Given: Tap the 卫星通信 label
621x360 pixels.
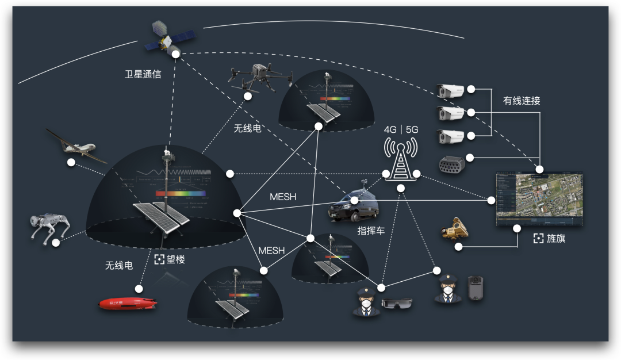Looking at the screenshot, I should tap(143, 74).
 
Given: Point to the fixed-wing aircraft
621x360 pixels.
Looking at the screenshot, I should tap(75, 145).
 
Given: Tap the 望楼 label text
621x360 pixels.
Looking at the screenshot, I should tap(176, 259).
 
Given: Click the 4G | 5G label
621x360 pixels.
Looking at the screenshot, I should tap(401, 129).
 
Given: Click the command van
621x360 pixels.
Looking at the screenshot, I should tap(352, 205).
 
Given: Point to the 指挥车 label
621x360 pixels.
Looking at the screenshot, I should tap(371, 231).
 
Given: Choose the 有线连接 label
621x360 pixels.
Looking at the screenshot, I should tap(522, 101).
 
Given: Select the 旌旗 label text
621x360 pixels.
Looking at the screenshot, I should tap(556, 239).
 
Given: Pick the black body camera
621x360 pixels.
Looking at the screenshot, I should tap(474, 288).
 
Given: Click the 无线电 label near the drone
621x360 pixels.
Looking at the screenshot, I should tap(247, 128).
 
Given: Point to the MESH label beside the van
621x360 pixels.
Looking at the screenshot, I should tap(283, 197).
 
